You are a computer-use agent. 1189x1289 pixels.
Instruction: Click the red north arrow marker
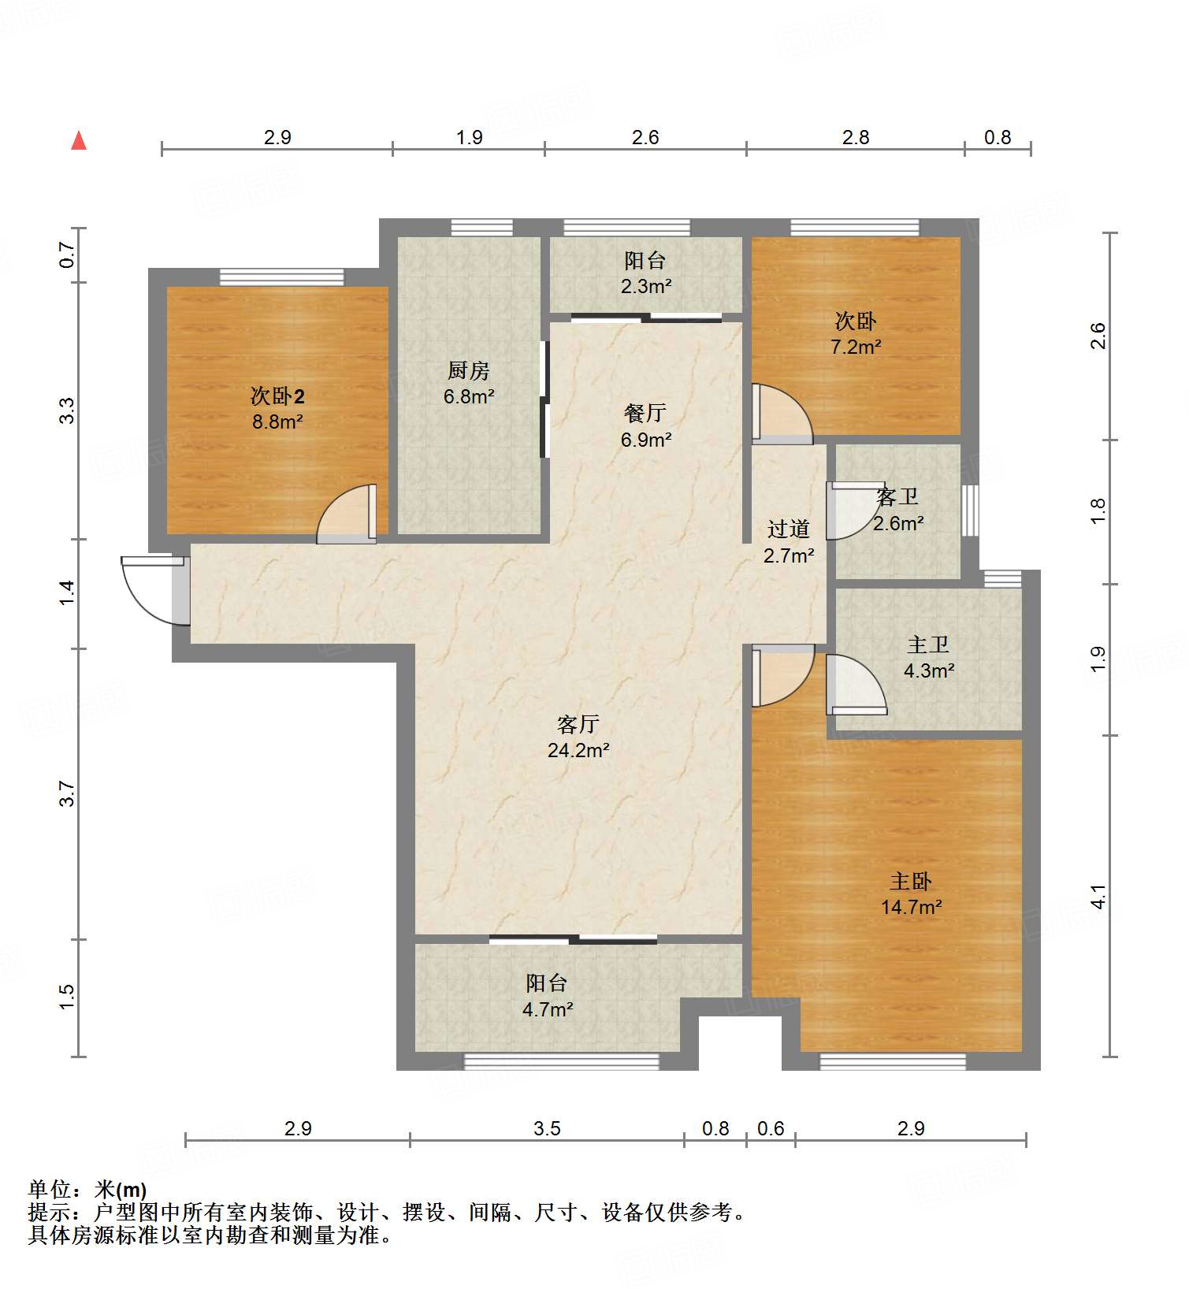coord(79,140)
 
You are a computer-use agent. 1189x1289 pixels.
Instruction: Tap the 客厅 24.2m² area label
coord(578,737)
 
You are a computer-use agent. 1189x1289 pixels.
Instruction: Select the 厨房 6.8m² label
coord(469,383)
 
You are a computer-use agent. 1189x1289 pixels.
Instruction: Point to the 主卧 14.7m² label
coord(912,893)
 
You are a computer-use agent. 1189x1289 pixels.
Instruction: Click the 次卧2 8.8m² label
coord(277,408)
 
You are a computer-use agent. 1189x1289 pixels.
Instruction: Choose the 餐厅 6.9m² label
coord(645,425)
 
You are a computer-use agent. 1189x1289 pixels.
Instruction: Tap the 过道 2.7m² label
coord(789,542)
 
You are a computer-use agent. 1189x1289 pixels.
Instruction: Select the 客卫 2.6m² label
coord(897,510)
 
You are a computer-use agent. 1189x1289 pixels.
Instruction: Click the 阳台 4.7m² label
coord(547,996)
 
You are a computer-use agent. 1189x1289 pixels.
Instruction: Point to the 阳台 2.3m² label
coord(645,273)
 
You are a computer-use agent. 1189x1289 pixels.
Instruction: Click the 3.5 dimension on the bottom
coord(547,1128)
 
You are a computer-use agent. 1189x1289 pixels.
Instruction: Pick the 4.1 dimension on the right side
coord(1098,897)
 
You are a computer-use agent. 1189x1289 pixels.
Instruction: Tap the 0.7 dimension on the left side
coord(67,254)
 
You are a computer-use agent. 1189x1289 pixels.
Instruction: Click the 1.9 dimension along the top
coord(469,137)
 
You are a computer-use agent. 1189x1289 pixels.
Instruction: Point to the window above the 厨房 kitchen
coord(481,228)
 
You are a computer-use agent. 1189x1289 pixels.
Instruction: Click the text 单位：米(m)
coord(87,1189)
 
